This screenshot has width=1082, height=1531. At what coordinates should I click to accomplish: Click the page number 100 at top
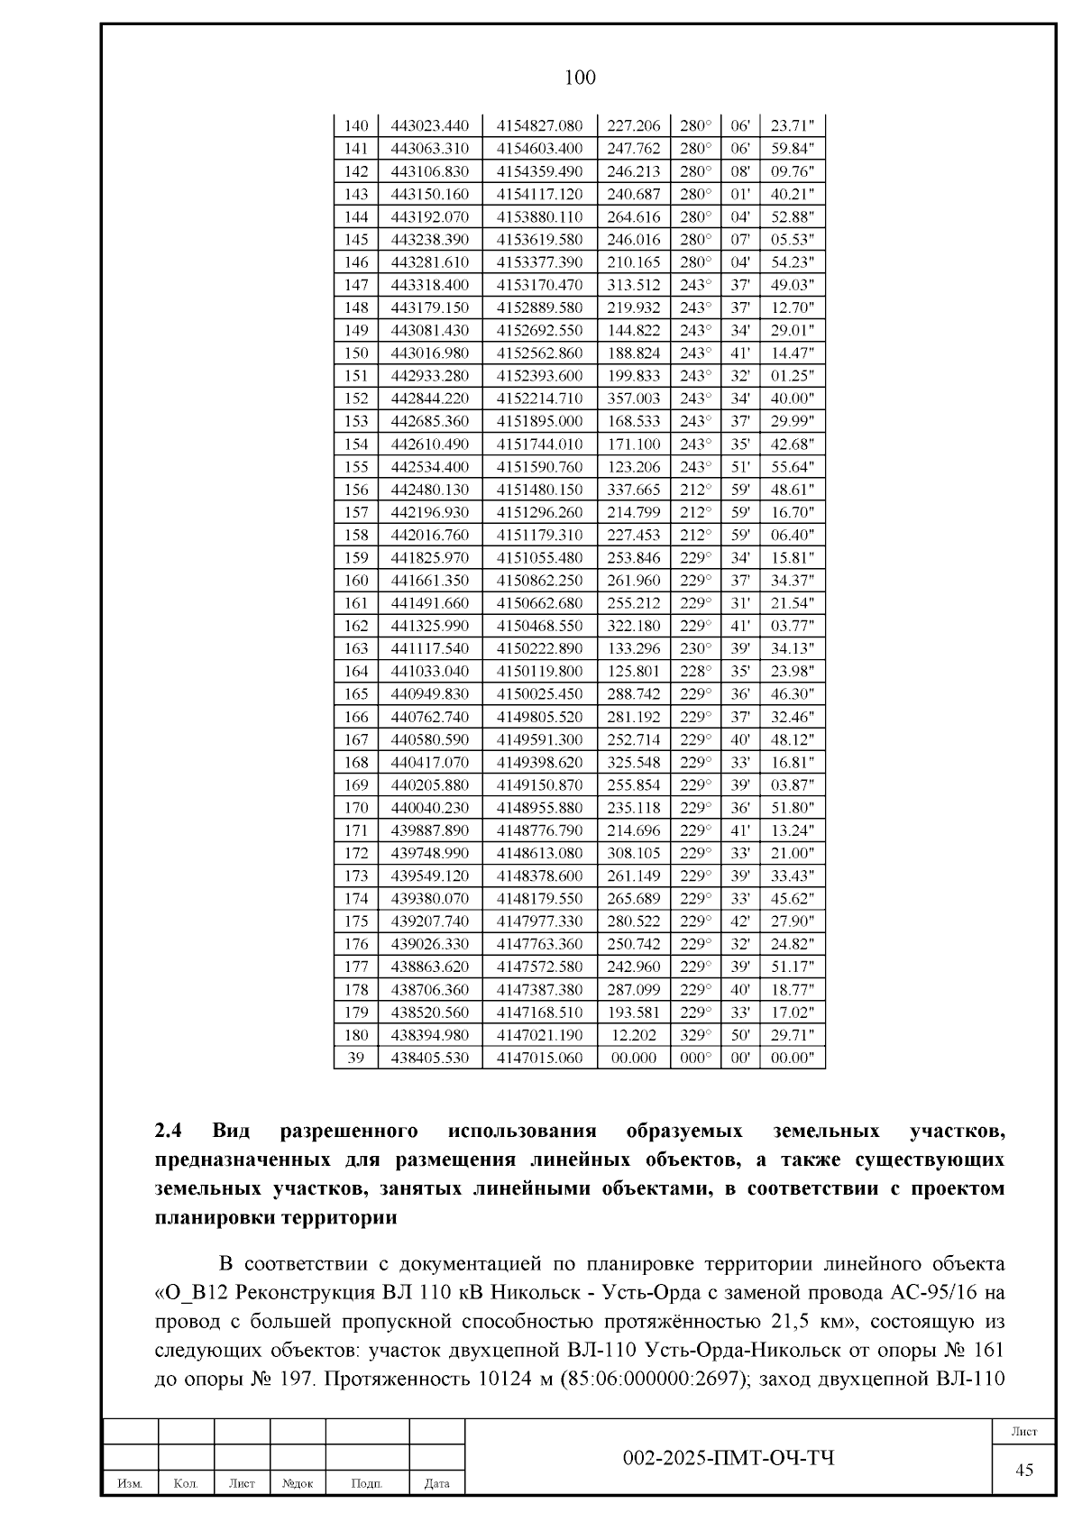pos(579,78)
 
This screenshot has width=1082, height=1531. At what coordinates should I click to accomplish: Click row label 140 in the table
pos(357,125)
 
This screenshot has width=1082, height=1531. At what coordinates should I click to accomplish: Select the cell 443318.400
pos(429,285)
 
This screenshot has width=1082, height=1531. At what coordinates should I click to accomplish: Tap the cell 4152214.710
pos(539,399)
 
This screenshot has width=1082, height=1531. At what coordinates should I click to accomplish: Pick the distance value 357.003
pos(633,399)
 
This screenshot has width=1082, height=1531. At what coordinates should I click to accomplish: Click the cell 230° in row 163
pos(695,648)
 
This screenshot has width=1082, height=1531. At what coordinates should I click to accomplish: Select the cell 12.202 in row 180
pos(633,1035)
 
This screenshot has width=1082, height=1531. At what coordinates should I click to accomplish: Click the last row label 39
pos(357,1058)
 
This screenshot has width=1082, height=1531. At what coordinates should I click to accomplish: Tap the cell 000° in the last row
pos(695,1058)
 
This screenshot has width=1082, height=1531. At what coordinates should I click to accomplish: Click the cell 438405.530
pos(429,1058)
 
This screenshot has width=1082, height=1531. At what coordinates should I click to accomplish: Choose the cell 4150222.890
pos(539,648)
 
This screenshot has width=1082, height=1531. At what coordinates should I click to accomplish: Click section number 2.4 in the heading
pos(170,1131)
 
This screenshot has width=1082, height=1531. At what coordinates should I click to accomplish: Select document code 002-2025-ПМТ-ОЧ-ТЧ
pos(729,1457)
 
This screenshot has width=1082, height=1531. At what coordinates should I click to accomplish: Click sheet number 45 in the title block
pos(1024,1470)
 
